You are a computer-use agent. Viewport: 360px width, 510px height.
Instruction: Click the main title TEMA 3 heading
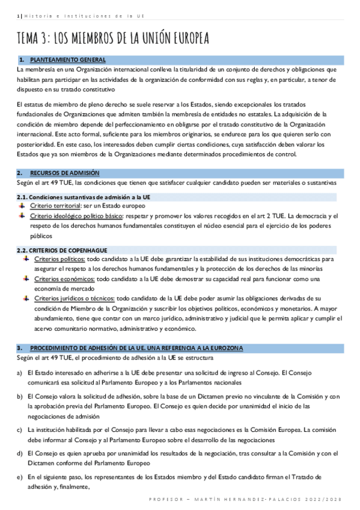113,38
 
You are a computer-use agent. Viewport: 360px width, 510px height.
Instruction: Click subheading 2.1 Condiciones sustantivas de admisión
84,197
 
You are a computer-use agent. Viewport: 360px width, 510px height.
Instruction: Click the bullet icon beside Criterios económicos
25,278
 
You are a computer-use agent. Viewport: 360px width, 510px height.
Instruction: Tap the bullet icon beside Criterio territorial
25,205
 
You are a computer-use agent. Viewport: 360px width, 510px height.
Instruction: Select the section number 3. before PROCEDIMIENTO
20,348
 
